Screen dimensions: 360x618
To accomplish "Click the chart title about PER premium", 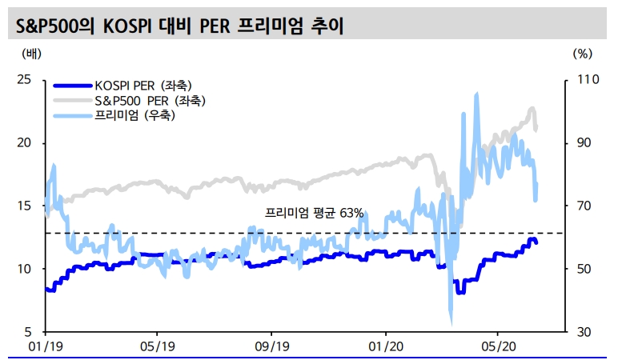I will pos(181,25).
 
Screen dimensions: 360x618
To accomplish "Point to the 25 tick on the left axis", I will pos(25,80).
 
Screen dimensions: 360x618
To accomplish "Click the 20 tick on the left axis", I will pos(25,143).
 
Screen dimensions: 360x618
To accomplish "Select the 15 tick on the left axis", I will pos(25,206).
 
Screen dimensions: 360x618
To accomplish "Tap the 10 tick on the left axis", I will pos(25,269).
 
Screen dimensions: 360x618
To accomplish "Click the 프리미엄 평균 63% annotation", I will pos(314,214).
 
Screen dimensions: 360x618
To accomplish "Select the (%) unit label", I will pos(583,54).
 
